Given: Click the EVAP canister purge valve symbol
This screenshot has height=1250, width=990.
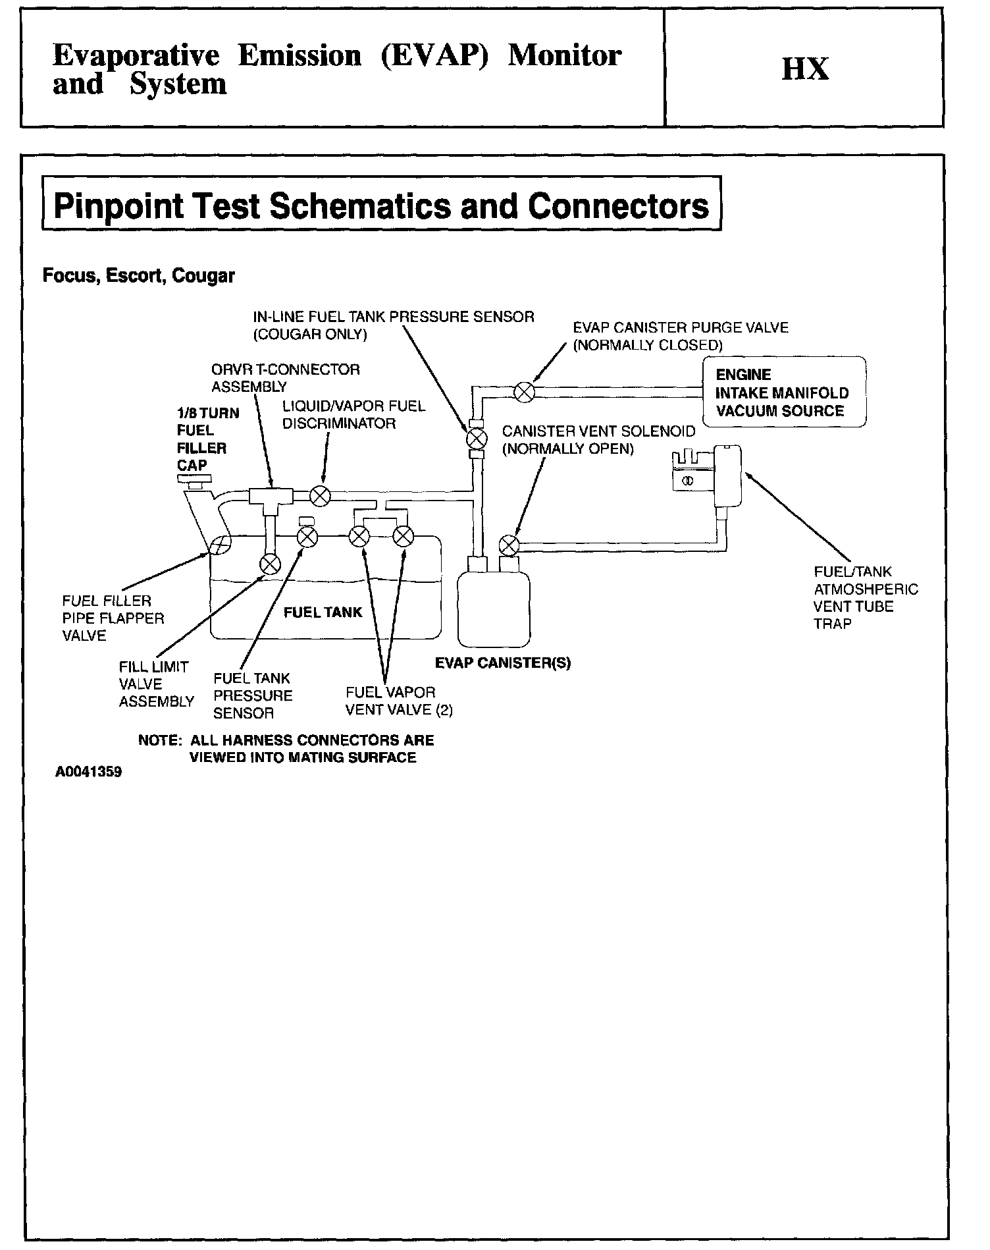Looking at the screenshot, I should [x=524, y=393].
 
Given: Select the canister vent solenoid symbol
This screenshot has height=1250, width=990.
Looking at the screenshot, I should [x=509, y=545].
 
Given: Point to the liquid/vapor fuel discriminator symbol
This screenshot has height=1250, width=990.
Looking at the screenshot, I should [x=320, y=495].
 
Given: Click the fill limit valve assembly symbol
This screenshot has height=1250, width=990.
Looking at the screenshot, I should [x=270, y=564].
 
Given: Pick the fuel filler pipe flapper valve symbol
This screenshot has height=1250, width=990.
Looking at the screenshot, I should [x=220, y=544].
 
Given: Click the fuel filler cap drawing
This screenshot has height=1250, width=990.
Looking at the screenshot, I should [x=195, y=485].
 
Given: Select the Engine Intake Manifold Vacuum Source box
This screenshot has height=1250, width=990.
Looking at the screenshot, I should [x=783, y=393].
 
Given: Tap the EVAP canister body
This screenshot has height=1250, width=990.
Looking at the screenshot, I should [x=493, y=609].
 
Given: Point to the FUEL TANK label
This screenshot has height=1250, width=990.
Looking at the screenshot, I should [x=323, y=612].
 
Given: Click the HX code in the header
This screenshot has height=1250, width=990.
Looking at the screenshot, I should [x=805, y=68].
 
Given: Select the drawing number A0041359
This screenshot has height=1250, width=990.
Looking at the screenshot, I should [x=88, y=772].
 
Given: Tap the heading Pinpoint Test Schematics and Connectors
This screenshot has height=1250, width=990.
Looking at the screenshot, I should [x=381, y=205].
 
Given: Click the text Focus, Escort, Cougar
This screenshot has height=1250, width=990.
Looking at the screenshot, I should [x=138, y=275].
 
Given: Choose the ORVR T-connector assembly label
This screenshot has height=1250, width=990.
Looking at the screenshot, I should [x=285, y=378].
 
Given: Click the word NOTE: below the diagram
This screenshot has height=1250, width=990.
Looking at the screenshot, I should [x=159, y=740].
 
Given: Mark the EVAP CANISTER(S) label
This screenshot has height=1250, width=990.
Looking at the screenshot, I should [x=502, y=663].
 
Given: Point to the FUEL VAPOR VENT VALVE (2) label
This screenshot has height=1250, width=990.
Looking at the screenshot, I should [x=399, y=701].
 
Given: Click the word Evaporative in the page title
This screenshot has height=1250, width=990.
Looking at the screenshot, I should [x=136, y=55].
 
